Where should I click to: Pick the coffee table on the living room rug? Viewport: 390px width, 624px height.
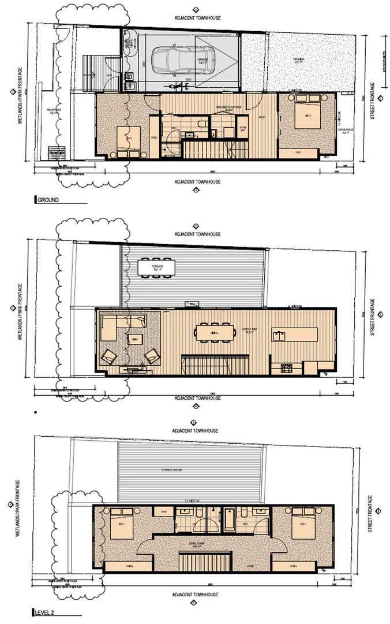point(134,340)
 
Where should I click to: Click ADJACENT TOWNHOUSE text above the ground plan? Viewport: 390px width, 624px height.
point(197,18)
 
